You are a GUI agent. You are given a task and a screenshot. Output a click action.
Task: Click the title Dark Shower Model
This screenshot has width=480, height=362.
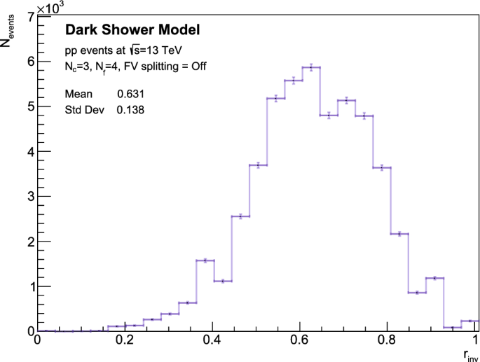pyautogui.click(x=132, y=29)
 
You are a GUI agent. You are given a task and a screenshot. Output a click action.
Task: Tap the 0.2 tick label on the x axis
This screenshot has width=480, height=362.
pyautogui.click(x=125, y=340)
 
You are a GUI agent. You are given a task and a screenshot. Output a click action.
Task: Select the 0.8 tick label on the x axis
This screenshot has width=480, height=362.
pyautogui.click(x=390, y=340)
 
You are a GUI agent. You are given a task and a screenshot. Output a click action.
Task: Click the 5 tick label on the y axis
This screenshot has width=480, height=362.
pyautogui.click(x=29, y=106)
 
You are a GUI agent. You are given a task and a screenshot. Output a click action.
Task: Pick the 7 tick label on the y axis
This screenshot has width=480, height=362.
pyautogui.click(x=29, y=16)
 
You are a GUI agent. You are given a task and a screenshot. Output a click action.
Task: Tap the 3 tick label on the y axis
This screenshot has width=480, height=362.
pyautogui.click(x=29, y=196)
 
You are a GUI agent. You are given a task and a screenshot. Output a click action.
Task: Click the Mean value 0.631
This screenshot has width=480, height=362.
pyautogui.click(x=131, y=94)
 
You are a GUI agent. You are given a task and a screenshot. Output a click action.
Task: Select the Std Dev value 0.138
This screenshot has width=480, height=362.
pyautogui.click(x=131, y=109)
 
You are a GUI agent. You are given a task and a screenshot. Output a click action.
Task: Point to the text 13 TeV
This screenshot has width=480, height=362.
pyautogui.click(x=167, y=50)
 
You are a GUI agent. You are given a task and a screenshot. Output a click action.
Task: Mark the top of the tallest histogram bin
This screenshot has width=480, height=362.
pyautogui.click(x=311, y=67)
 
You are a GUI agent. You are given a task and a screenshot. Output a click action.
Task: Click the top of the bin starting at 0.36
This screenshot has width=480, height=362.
pyautogui.click(x=205, y=260)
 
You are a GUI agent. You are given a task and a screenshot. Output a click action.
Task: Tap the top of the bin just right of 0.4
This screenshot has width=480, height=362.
pyautogui.click(x=223, y=281)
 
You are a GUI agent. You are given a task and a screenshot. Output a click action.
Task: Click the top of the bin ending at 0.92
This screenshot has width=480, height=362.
pyautogui.click(x=434, y=278)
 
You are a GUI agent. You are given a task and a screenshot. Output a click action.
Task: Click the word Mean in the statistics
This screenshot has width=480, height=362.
pyautogui.click(x=78, y=94)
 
